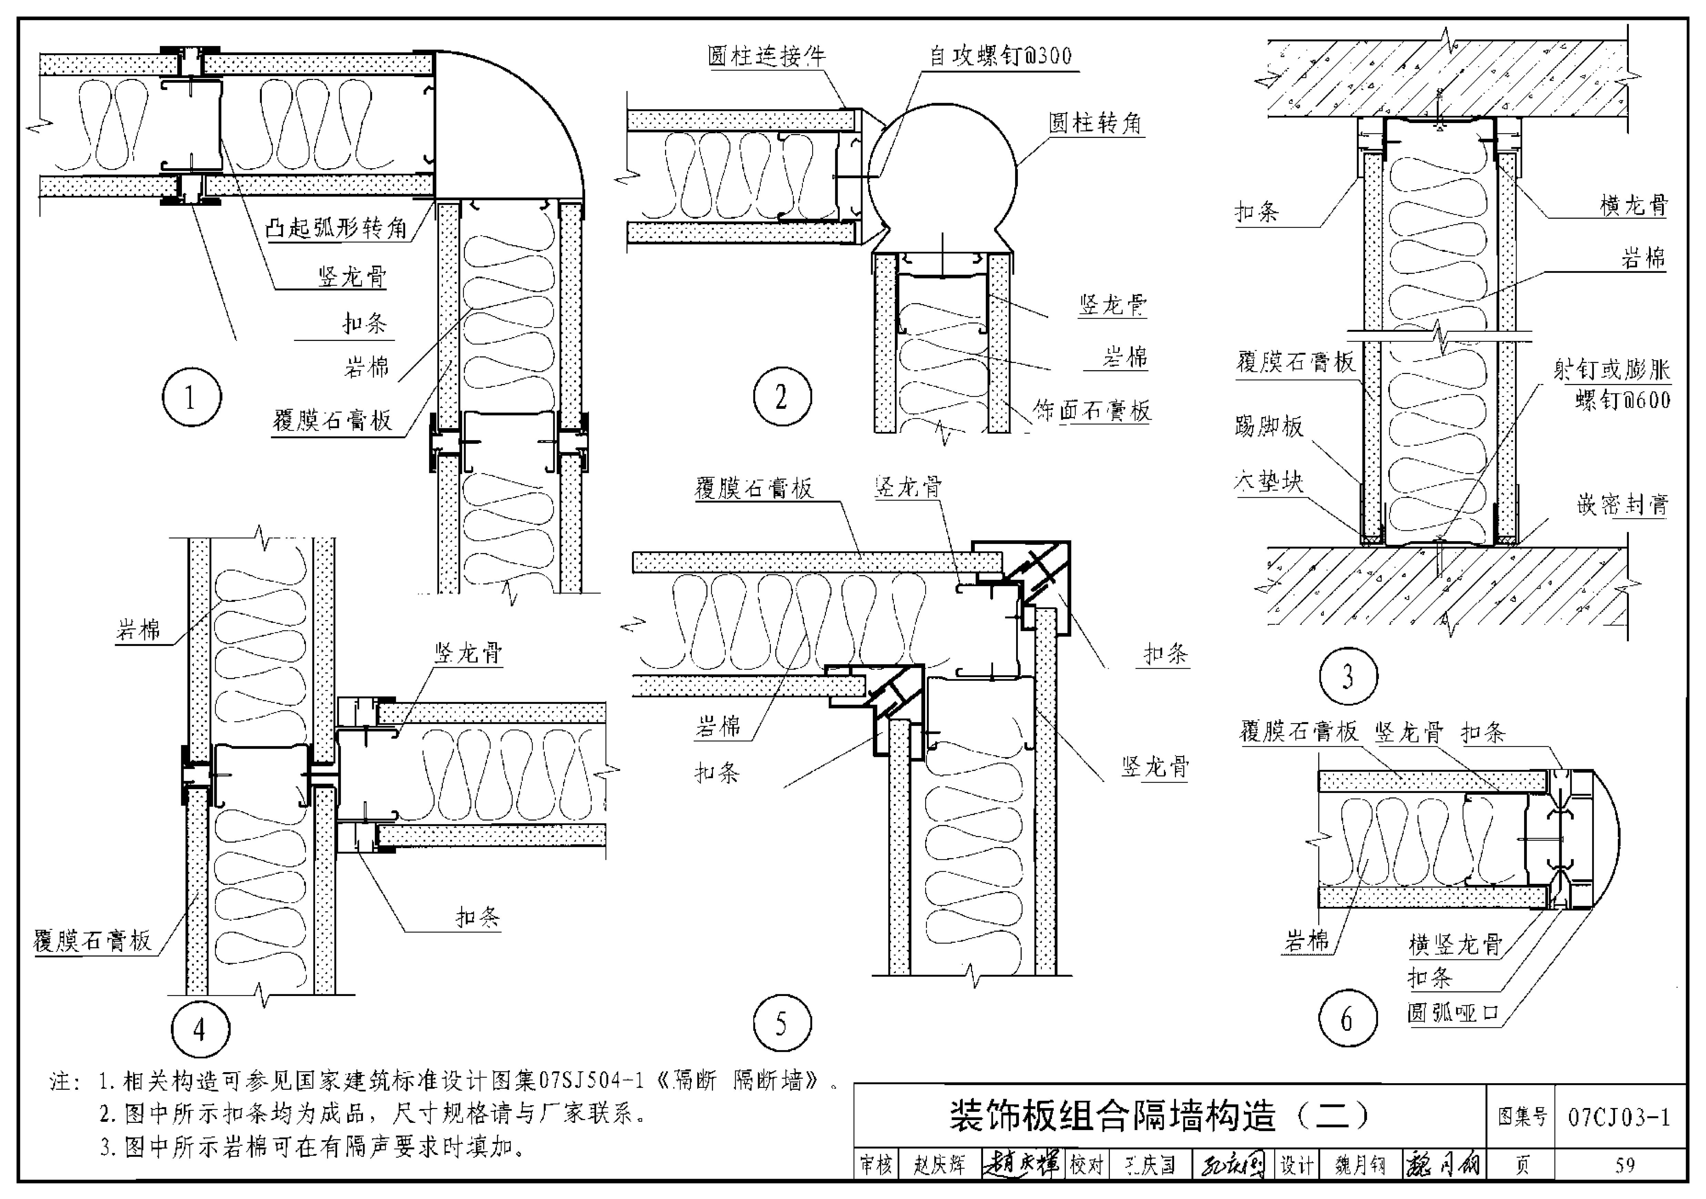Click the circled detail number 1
click(x=192, y=397)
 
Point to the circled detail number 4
click(x=200, y=1029)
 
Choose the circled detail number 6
click(x=1347, y=1018)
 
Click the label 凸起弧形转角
click(x=337, y=228)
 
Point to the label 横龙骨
click(x=1633, y=205)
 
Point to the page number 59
click(x=1624, y=1165)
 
